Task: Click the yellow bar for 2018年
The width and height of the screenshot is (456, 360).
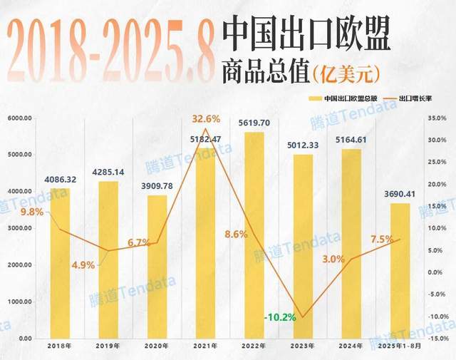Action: [60, 264]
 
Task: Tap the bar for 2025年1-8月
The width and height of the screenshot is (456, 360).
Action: [400, 271]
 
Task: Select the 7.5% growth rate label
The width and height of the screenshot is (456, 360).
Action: [382, 240]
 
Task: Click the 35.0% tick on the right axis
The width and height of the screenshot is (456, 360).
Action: [437, 118]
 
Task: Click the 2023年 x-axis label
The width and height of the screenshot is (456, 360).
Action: [302, 346]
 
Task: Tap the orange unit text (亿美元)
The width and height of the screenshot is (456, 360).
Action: [346, 71]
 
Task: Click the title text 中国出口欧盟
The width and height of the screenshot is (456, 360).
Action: [306, 34]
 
